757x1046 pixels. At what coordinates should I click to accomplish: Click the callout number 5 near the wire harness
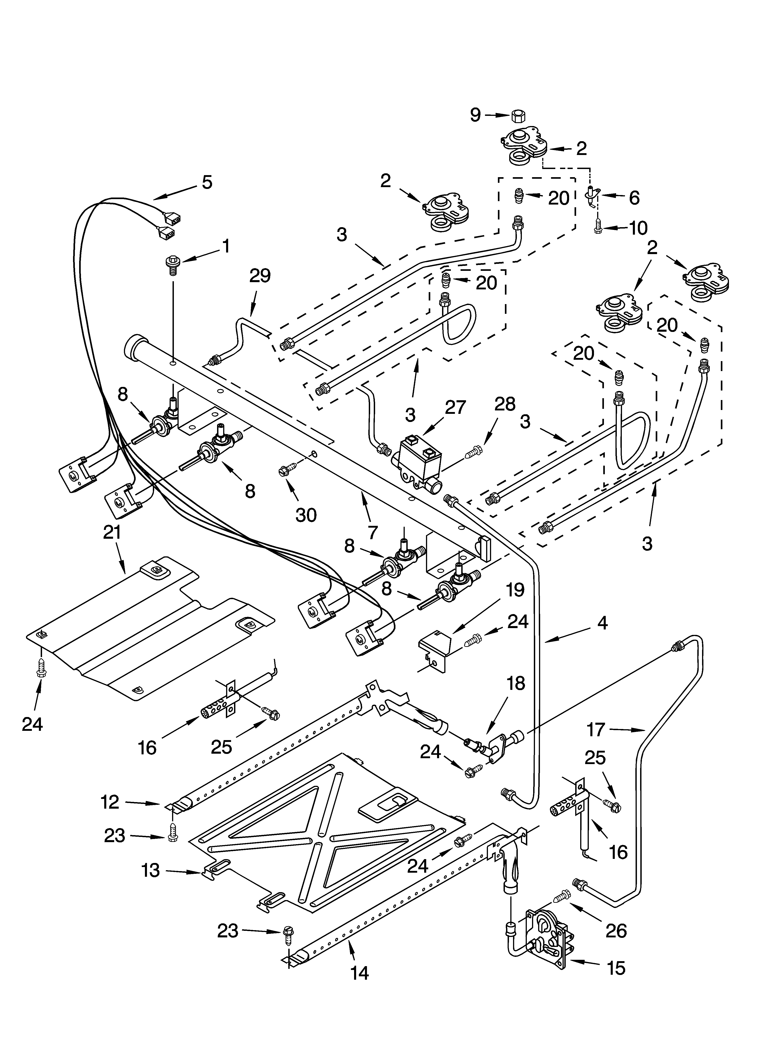207,182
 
